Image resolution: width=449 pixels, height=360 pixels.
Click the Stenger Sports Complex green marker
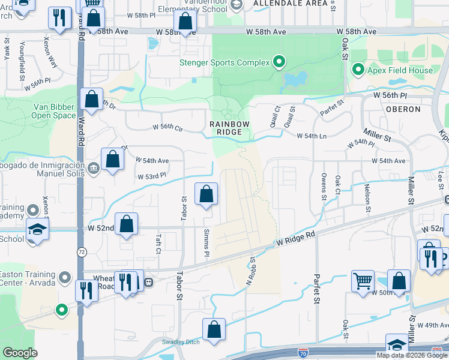(x=279, y=62)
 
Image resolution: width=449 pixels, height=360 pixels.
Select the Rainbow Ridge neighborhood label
(x=229, y=128)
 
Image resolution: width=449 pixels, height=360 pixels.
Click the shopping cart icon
(x=363, y=280)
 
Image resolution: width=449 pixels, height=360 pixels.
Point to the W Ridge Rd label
(x=295, y=239)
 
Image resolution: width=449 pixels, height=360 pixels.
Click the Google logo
(x=20, y=353)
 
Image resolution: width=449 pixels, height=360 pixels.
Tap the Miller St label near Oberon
(x=376, y=134)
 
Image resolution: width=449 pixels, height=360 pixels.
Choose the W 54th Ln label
(x=312, y=136)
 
